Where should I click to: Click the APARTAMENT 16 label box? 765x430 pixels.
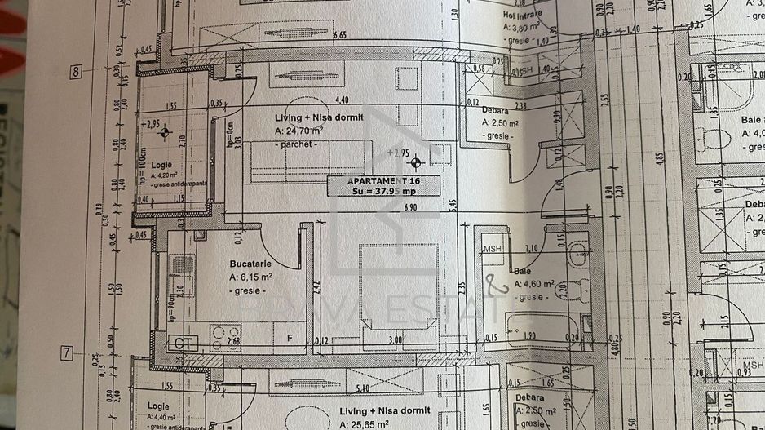[383, 186]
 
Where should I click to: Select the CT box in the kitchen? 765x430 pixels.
[184, 344]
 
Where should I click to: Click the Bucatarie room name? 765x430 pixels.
[250, 264]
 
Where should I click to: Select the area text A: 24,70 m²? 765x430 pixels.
[298, 131]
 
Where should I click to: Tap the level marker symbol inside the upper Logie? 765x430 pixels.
[166, 131]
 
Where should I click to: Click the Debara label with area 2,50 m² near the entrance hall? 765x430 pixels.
[495, 110]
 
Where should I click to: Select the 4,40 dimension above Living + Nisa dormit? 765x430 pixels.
[343, 100]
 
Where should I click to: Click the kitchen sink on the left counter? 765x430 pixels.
[182, 266]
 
